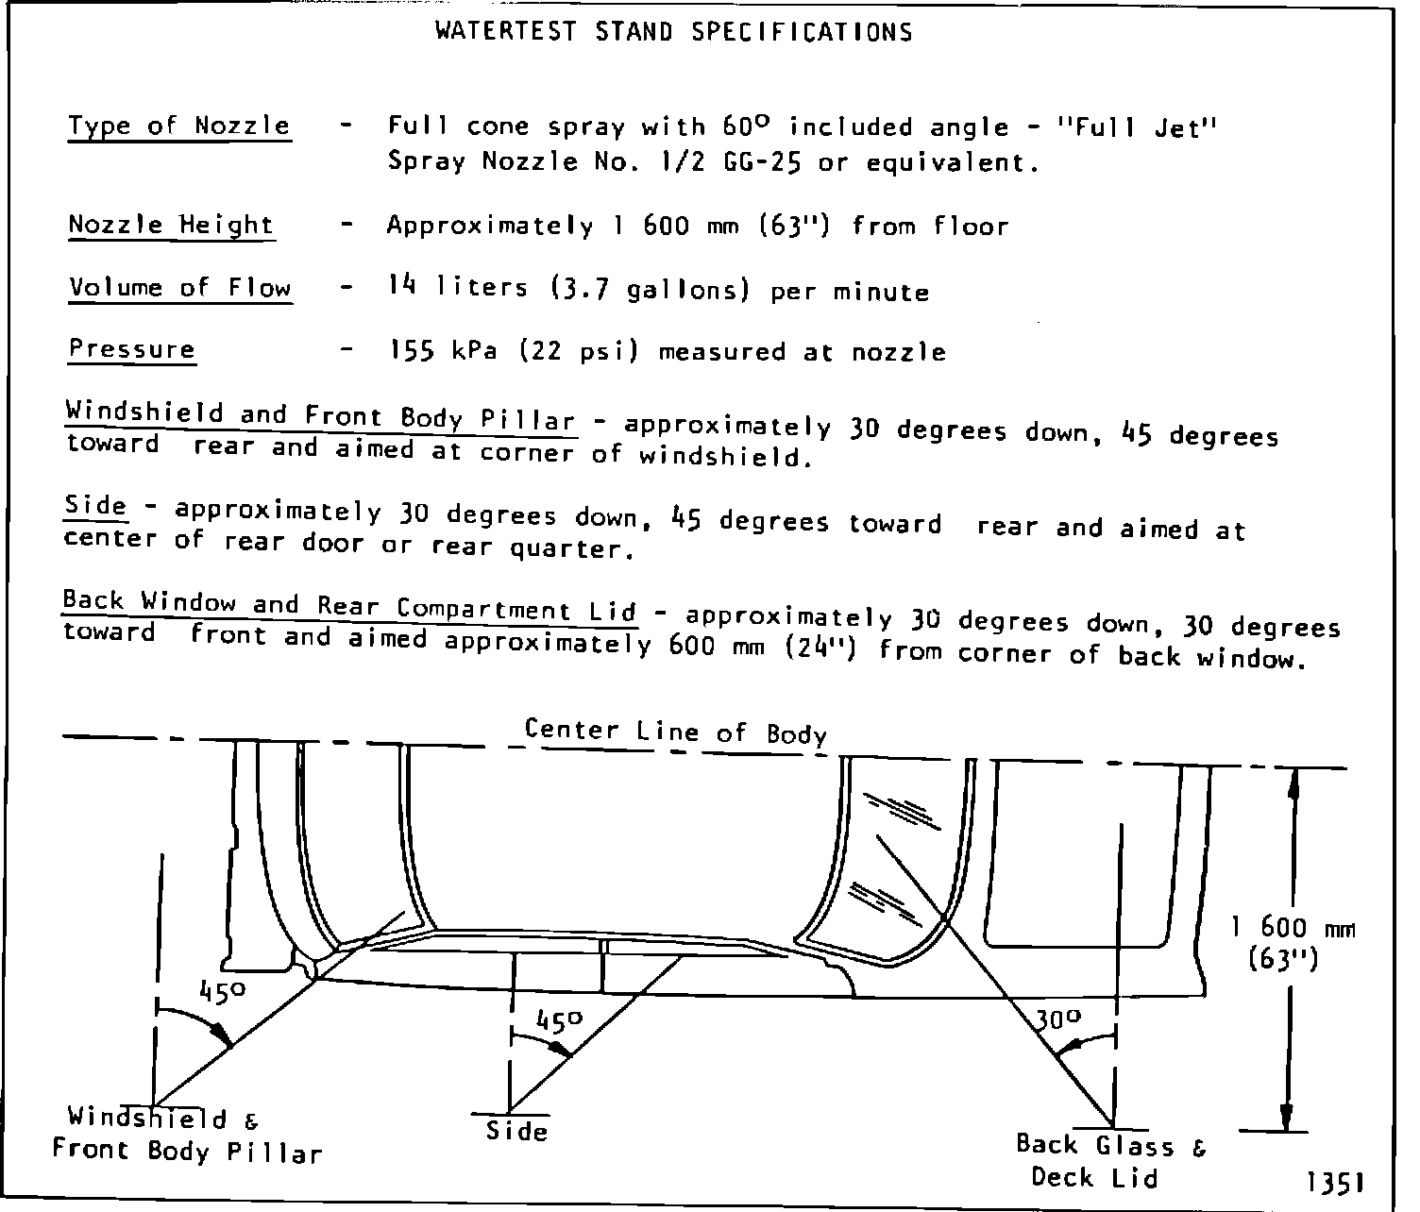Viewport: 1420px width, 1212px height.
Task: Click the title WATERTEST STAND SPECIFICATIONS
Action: click(x=673, y=32)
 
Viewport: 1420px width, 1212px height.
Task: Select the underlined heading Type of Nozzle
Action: click(x=178, y=126)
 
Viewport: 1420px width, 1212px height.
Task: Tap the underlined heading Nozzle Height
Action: click(x=171, y=225)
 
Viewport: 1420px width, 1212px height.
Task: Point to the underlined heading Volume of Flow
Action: click(x=179, y=287)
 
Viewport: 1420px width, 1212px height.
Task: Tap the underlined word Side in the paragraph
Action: click(x=94, y=506)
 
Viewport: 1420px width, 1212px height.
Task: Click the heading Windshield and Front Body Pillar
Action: click(x=320, y=416)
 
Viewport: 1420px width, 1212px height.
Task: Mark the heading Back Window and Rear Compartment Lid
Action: click(x=349, y=605)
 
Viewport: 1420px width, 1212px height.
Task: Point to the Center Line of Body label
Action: click(x=675, y=732)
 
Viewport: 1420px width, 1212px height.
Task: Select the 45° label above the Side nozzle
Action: click(x=560, y=1020)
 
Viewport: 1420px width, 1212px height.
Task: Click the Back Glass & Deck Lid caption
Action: click(x=1095, y=1161)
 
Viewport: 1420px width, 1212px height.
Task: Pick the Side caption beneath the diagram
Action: click(x=516, y=1130)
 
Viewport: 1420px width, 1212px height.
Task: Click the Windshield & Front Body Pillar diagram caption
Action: click(x=186, y=1136)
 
